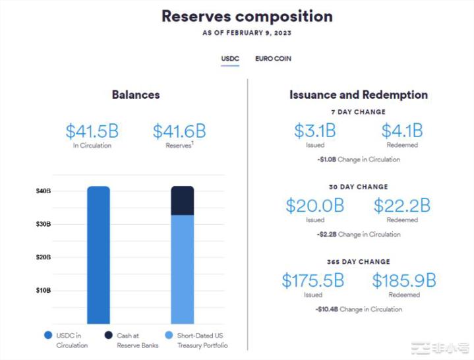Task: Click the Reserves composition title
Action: [247, 16]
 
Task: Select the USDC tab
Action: [229, 59]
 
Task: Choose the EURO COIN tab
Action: [273, 59]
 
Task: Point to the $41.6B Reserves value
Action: [179, 131]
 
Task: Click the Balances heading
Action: [136, 95]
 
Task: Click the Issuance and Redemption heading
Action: [359, 95]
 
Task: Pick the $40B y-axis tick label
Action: [44, 191]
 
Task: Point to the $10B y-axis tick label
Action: [44, 290]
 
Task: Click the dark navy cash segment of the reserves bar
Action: [183, 200]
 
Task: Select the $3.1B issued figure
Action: [315, 131]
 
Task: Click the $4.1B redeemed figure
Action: [402, 131]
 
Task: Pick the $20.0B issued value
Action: [315, 206]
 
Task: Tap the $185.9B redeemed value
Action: [403, 281]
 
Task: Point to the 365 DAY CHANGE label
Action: [359, 262]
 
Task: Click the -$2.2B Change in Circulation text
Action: [358, 234]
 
